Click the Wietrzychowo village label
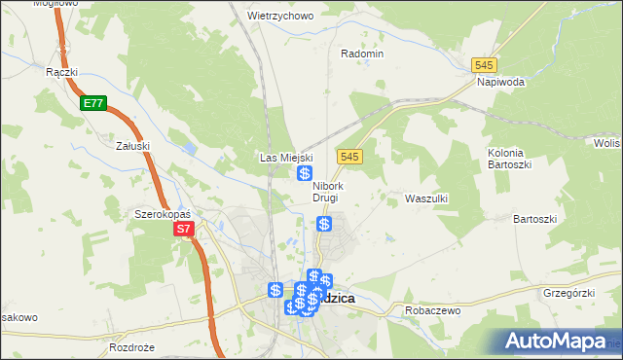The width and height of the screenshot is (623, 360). click(x=279, y=16)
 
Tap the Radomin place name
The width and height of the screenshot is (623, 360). click(x=362, y=54)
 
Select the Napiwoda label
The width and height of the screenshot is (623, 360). click(x=500, y=83)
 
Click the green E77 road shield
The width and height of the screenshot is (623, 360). click(x=93, y=104)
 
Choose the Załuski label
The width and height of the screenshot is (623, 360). click(x=131, y=146)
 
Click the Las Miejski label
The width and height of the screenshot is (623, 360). click(x=284, y=157)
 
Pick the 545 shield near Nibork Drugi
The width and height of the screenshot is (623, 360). click(x=351, y=157)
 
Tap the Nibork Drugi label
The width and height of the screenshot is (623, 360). click(x=326, y=192)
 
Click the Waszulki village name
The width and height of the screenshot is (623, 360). click(x=425, y=198)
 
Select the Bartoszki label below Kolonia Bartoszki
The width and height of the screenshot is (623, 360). click(x=533, y=219)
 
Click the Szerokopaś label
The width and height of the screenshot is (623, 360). click(x=162, y=213)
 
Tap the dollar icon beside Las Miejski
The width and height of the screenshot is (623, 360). click(x=305, y=173)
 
